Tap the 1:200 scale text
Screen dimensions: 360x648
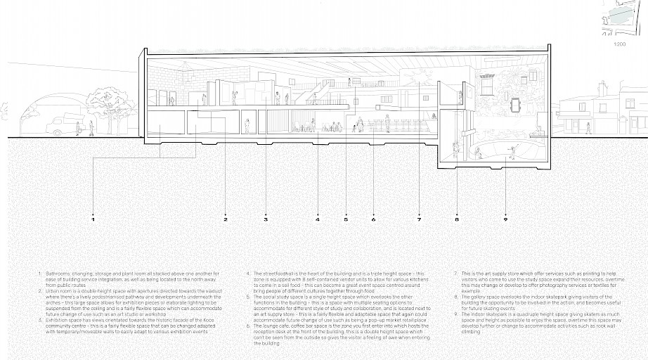(619, 44)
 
